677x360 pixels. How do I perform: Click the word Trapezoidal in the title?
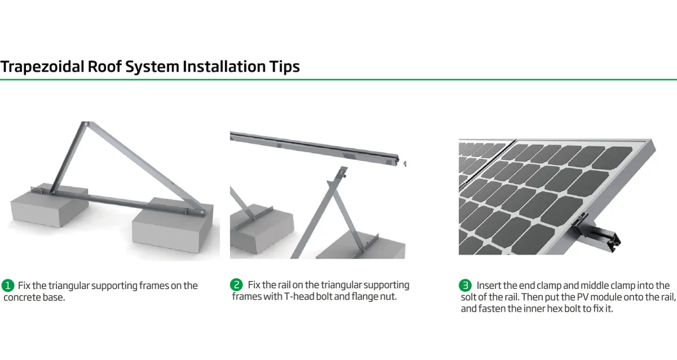[42, 67]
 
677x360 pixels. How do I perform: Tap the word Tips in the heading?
[285, 67]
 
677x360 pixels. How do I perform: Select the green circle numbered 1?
[8, 286]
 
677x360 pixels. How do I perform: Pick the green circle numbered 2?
[236, 285]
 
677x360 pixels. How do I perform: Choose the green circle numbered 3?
[465, 286]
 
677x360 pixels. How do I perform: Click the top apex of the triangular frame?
[85, 124]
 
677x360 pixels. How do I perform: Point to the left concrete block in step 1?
[49, 205]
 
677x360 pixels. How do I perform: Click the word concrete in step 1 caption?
[22, 297]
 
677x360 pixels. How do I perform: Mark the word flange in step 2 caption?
[365, 296]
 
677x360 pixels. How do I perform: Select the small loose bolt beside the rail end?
[405, 164]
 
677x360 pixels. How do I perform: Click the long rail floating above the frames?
[314, 148]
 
